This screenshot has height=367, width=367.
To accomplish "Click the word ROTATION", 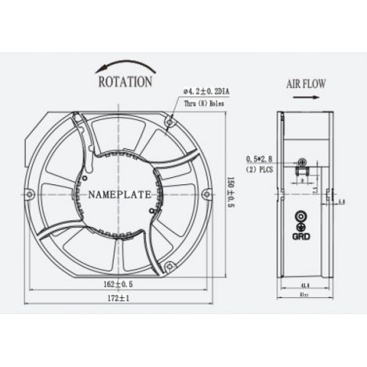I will click(x=124, y=81).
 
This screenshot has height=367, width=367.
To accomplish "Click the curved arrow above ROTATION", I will click(x=122, y=66).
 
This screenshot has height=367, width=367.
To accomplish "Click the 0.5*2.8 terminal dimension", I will click(x=258, y=159).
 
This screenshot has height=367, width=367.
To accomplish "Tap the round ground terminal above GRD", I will click(x=302, y=216).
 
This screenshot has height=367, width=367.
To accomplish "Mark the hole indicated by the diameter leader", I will click(x=171, y=123).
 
